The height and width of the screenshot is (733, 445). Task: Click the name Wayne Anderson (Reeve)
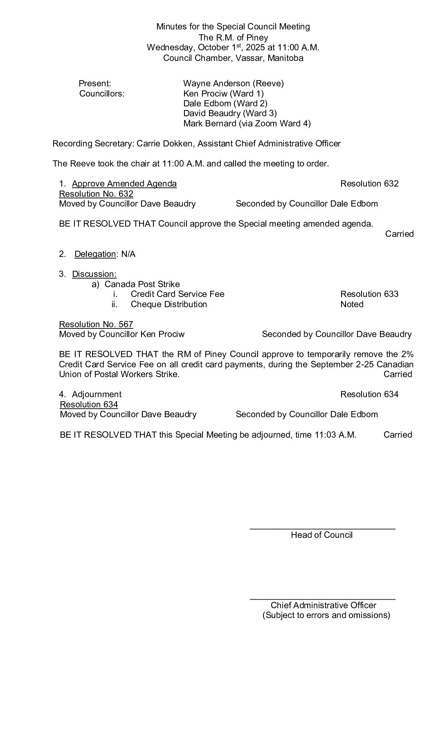tap(233, 83)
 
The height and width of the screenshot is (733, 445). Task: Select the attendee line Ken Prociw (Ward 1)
tap(223, 93)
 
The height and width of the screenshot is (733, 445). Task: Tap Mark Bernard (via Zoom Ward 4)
tap(247, 124)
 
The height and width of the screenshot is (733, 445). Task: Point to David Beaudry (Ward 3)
tap(230, 113)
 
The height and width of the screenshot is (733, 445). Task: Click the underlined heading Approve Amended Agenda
tap(124, 184)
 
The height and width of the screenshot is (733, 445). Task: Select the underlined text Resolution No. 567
tap(96, 324)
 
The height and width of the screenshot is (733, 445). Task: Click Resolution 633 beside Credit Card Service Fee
tap(369, 294)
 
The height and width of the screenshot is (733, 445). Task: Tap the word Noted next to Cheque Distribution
tap(352, 304)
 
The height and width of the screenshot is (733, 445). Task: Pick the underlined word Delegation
tap(95, 254)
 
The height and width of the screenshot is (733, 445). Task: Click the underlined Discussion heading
tap(94, 274)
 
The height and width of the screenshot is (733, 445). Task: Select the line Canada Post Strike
tap(142, 284)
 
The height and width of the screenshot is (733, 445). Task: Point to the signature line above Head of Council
tap(322, 529)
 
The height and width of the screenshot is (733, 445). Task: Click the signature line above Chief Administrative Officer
tap(322, 599)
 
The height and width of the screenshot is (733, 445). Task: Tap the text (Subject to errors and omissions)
tap(326, 615)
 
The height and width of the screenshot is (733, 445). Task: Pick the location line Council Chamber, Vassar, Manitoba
tap(233, 58)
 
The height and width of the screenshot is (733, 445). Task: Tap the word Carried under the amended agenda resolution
tap(399, 234)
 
